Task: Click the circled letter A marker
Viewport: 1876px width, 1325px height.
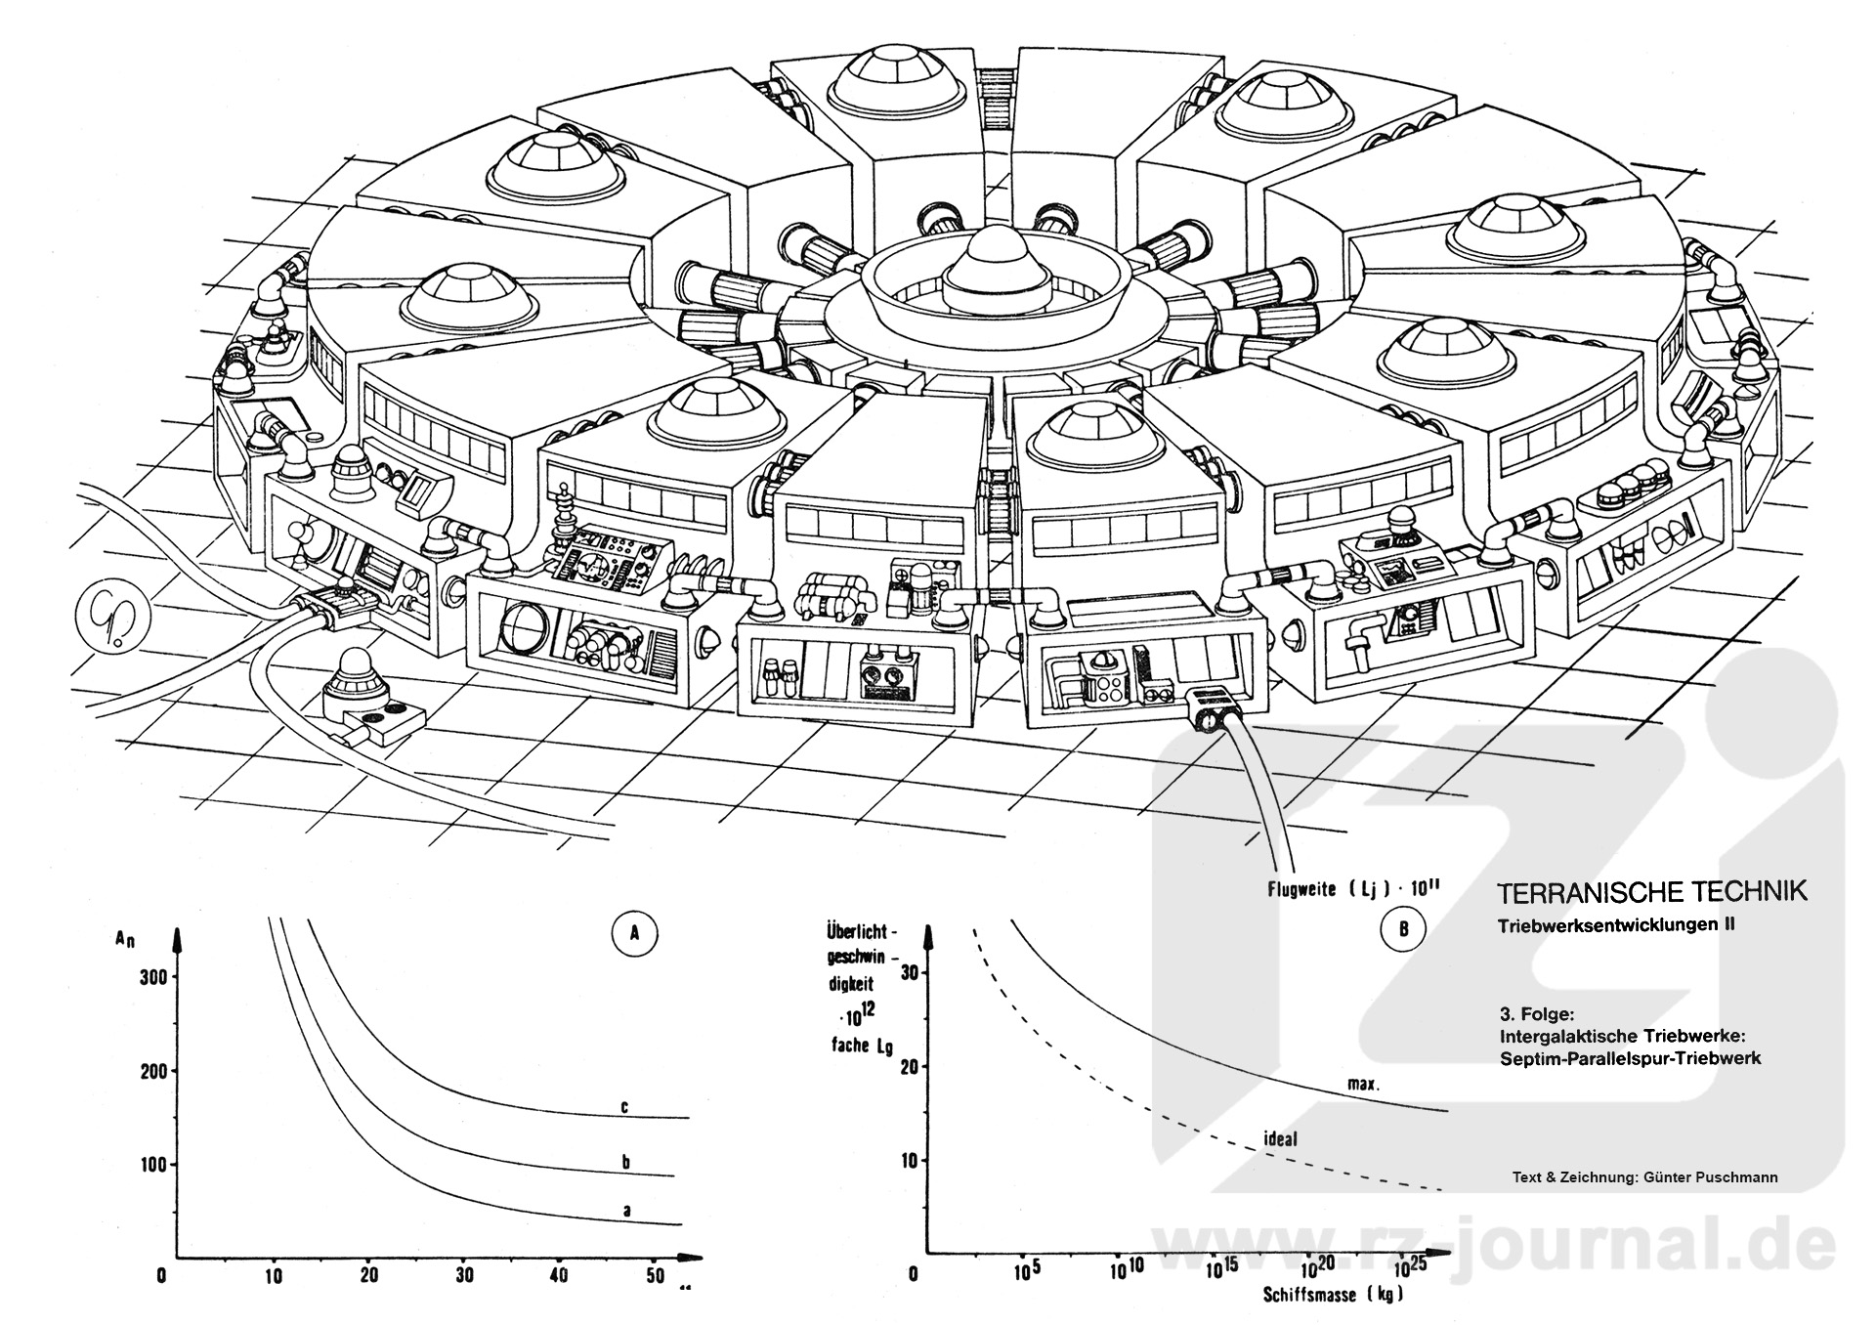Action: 634,933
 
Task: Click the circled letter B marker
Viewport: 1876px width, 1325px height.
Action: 1403,928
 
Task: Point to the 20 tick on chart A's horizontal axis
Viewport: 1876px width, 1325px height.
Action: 368,1275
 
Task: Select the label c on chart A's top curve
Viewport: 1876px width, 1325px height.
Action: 624,1107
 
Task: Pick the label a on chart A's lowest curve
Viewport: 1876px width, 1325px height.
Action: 626,1211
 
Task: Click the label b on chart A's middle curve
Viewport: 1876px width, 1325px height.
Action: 625,1162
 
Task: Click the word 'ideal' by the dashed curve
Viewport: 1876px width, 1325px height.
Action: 1280,1138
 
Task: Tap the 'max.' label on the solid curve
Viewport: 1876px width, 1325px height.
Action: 1363,1084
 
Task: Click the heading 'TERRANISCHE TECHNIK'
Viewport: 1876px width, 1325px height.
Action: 1651,891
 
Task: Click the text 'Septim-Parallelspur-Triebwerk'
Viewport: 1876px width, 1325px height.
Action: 1630,1057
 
